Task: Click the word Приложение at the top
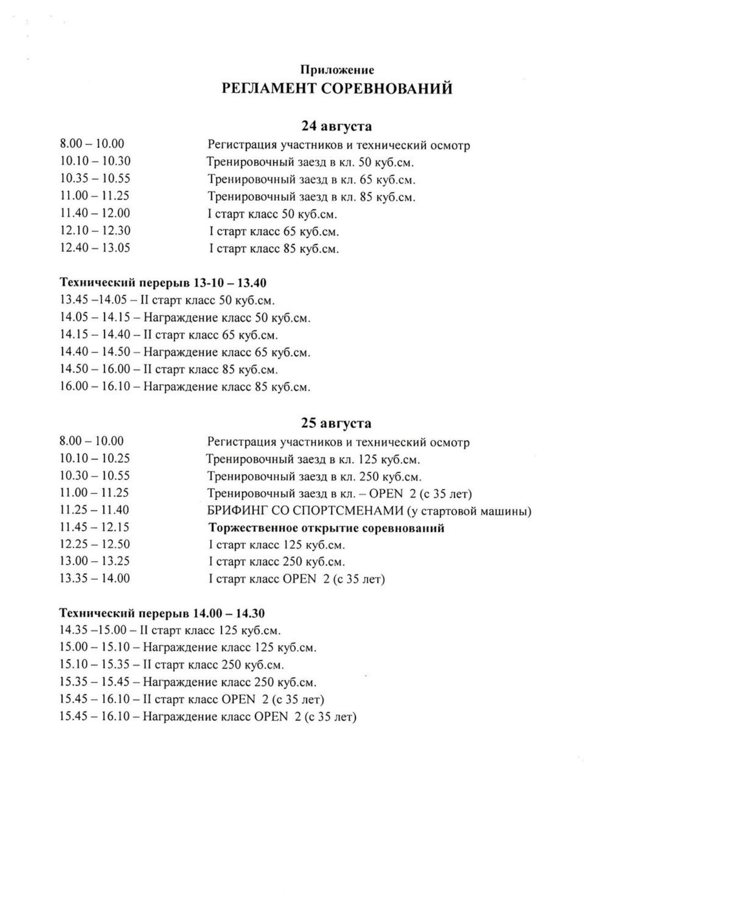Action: pos(337,70)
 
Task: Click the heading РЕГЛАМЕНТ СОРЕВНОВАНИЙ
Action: pos(337,88)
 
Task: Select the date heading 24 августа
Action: pos(337,126)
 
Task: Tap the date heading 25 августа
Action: pos(336,423)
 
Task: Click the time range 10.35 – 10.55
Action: pos(95,179)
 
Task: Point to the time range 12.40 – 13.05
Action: pos(95,248)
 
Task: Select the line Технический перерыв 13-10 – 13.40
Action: pos(163,283)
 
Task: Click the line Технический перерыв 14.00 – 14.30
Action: pos(162,613)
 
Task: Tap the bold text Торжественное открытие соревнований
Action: pos(326,528)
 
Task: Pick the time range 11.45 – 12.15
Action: pos(94,528)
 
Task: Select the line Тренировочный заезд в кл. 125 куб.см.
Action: pos(313,459)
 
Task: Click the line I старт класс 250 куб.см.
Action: pos(276,562)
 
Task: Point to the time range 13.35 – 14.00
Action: pos(94,579)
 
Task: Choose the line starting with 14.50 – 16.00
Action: pos(169,369)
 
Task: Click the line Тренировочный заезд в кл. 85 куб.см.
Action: pos(312,197)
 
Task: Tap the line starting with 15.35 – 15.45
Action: pos(188,682)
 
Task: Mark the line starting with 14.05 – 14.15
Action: pos(185,317)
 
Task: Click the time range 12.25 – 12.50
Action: pos(94,544)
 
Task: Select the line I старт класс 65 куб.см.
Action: pos(274,232)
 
